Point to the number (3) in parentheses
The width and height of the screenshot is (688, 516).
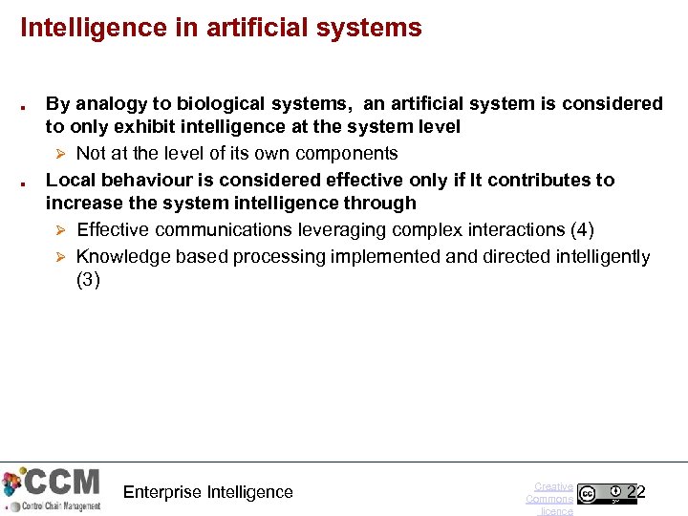(x=88, y=280)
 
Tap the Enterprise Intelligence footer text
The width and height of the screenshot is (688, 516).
(x=208, y=492)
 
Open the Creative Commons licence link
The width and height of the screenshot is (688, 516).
(x=550, y=498)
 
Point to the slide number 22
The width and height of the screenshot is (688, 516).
(x=636, y=492)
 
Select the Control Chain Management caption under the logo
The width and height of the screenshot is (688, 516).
(x=54, y=505)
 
